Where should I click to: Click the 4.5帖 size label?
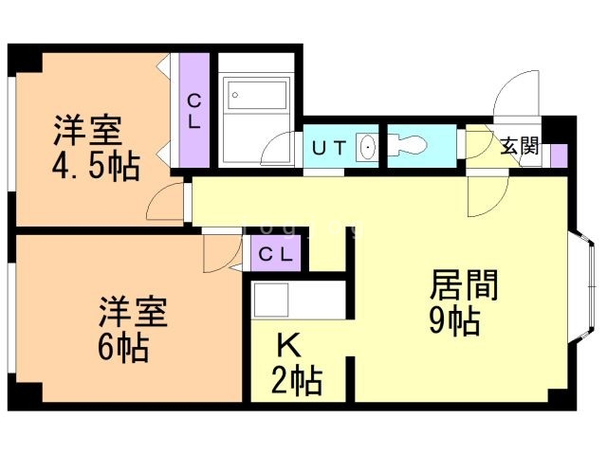[95, 168]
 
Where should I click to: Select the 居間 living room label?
[465, 284]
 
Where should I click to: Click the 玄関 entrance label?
[520, 147]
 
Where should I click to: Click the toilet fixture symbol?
[410, 146]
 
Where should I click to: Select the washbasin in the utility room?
[367, 148]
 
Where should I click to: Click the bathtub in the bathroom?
[257, 96]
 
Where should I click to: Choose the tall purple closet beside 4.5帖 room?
[194, 111]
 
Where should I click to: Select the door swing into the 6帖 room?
[217, 251]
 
